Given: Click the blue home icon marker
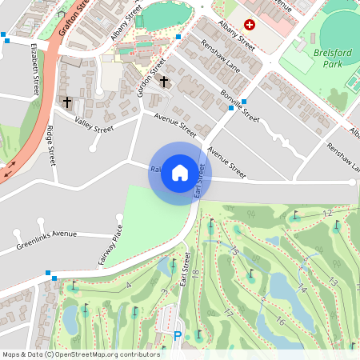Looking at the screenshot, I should click(180, 173).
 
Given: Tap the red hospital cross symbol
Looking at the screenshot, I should click(249, 25).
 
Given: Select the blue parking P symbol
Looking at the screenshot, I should click(178, 337).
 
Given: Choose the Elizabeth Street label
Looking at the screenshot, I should click(36, 70).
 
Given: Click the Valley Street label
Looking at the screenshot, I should click(94, 123).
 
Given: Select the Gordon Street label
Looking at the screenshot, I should click(151, 77).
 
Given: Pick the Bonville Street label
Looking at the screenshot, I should click(239, 106).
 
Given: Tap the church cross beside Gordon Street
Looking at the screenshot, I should click(164, 81).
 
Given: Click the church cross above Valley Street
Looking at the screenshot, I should click(67, 102).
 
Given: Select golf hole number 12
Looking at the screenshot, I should click(326, 214).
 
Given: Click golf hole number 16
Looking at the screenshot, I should click(280, 321).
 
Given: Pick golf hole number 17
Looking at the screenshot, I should click(229, 313).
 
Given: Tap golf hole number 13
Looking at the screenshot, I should click(332, 281).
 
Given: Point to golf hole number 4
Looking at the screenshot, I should click(128, 285).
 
